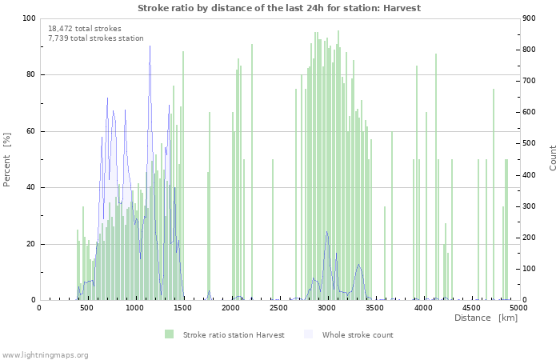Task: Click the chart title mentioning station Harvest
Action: [x=279, y=8]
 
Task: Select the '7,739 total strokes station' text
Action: [x=95, y=38]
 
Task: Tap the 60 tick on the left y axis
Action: [x=30, y=131]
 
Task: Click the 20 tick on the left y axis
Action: [x=30, y=244]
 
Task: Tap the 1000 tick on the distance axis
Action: [x=135, y=307]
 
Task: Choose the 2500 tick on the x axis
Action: [x=279, y=307]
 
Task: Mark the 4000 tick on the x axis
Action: [x=423, y=307]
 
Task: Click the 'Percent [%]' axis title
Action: [x=7, y=159]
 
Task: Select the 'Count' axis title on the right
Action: [x=553, y=158]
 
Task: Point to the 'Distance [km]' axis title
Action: [x=486, y=318]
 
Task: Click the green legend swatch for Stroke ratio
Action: [x=169, y=334]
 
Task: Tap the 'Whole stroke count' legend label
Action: [x=358, y=334]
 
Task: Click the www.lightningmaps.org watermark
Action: [x=45, y=354]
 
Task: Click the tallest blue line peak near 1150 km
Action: [x=150, y=46]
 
